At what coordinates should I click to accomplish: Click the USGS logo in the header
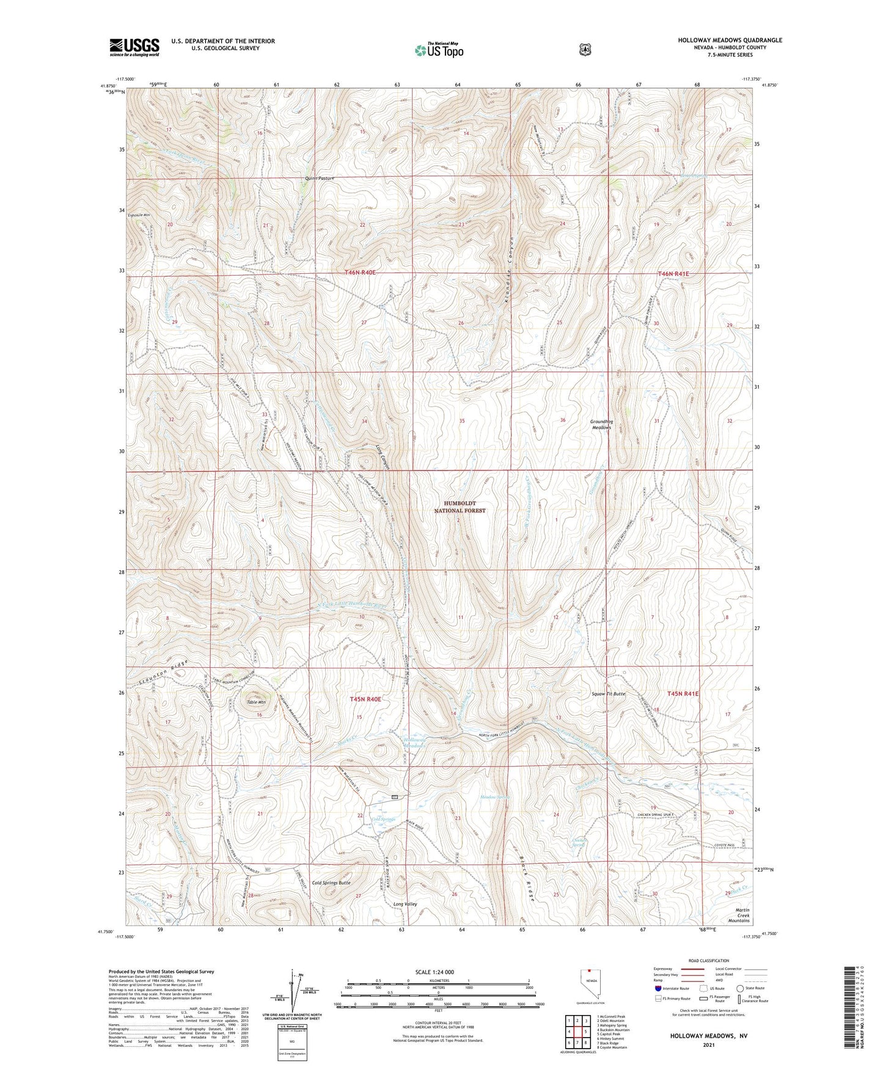pyautogui.click(x=134, y=46)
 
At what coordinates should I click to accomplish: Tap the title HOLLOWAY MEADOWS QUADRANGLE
pyautogui.click(x=730, y=40)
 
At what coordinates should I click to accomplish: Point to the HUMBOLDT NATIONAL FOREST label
pyautogui.click(x=460, y=507)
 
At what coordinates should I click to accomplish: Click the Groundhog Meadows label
pyautogui.click(x=601, y=424)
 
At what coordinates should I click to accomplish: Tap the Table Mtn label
pyautogui.click(x=256, y=702)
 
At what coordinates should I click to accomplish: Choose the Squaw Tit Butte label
pyautogui.click(x=608, y=694)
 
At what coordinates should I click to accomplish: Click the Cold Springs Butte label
pyautogui.click(x=331, y=883)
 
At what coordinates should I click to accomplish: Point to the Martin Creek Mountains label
pyautogui.click(x=738, y=915)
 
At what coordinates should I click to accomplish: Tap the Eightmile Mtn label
pyautogui.click(x=139, y=215)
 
